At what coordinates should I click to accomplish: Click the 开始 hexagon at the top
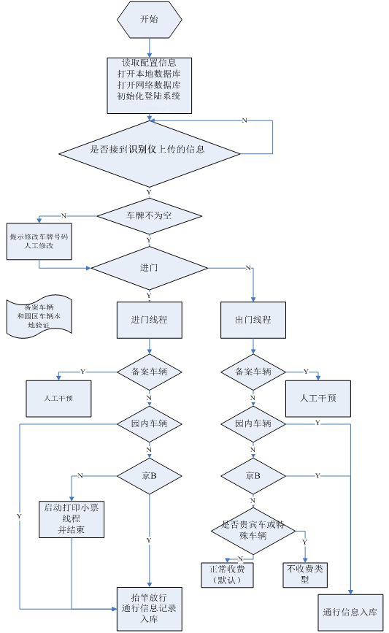[x=149, y=19]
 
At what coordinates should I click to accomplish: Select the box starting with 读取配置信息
[x=149, y=80]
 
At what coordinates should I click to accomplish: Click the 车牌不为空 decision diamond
[x=149, y=215]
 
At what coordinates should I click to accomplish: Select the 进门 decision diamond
[x=149, y=268]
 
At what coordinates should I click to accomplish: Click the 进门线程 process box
[x=149, y=319]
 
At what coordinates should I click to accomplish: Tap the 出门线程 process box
[x=253, y=319]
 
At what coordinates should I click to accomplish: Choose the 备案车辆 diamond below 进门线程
[x=149, y=371]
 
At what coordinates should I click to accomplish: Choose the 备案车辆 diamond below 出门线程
[x=253, y=371]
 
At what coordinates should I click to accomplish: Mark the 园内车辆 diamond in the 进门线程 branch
[x=149, y=423]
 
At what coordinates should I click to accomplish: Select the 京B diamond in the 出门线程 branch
[x=253, y=475]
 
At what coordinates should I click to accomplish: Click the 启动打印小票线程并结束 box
[x=72, y=519]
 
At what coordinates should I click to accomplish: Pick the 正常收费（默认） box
[x=227, y=575]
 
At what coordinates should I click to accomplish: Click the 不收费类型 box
[x=305, y=575]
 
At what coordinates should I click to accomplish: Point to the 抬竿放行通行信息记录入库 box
[x=149, y=608]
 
